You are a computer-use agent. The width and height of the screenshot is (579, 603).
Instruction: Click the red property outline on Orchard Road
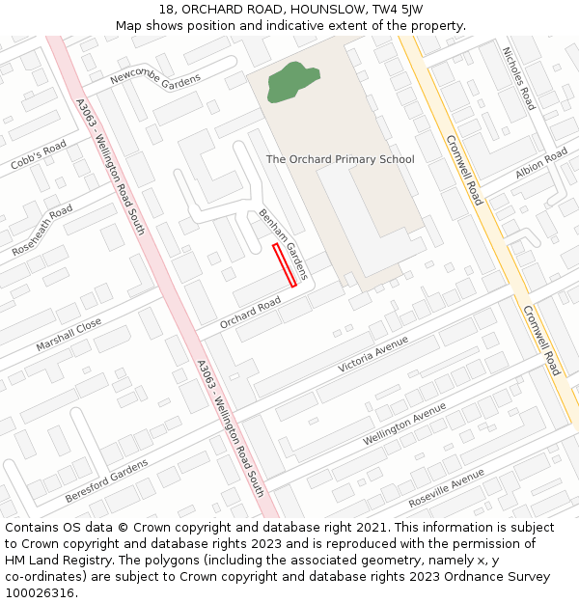click(285, 265)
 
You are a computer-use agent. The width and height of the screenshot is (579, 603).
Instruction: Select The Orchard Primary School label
click(340, 159)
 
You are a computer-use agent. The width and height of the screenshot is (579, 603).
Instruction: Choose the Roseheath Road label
click(42, 230)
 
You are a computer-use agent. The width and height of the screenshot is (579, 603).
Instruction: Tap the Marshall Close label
click(69, 335)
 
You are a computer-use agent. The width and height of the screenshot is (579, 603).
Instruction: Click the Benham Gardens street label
click(283, 245)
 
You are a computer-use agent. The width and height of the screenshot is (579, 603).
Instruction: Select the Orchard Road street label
click(250, 312)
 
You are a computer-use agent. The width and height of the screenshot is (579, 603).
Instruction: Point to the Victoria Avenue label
click(372, 354)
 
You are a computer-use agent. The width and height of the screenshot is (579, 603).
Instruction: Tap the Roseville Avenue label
click(446, 488)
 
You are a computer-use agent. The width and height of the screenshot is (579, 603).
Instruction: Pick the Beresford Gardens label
click(106, 480)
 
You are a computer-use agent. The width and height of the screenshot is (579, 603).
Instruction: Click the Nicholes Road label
click(518, 77)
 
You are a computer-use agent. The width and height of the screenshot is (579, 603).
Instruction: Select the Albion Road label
click(541, 163)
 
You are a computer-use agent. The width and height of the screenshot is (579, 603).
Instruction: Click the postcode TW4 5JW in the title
click(398, 9)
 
